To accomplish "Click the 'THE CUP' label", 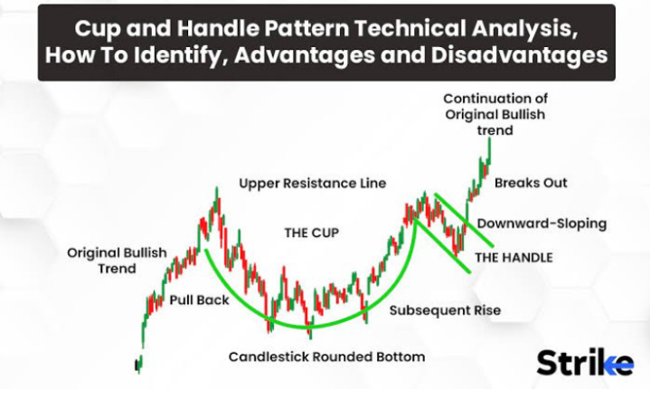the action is pyautogui.click(x=311, y=233).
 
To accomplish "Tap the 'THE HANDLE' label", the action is pyautogui.click(x=513, y=258).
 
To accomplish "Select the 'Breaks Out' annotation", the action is pyautogui.click(x=531, y=183).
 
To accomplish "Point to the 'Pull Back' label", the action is pyautogui.click(x=200, y=299).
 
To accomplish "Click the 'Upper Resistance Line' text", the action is pyautogui.click(x=313, y=184).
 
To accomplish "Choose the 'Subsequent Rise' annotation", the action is pyautogui.click(x=445, y=310).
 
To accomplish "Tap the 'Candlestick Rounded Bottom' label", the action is pyautogui.click(x=326, y=356).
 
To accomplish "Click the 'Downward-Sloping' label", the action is pyautogui.click(x=542, y=223).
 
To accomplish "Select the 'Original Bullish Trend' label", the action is pyautogui.click(x=117, y=261).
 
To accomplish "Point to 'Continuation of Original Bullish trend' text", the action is pyautogui.click(x=495, y=115).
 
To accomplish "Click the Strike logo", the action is pyautogui.click(x=585, y=363).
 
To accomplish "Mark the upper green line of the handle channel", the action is pyautogui.click(x=464, y=220).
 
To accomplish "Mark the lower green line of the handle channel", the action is pyautogui.click(x=443, y=246).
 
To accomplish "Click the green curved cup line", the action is pyautogui.click(x=310, y=327).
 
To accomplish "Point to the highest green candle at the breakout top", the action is pyautogui.click(x=490, y=150).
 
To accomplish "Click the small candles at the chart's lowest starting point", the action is pyautogui.click(x=138, y=365).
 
